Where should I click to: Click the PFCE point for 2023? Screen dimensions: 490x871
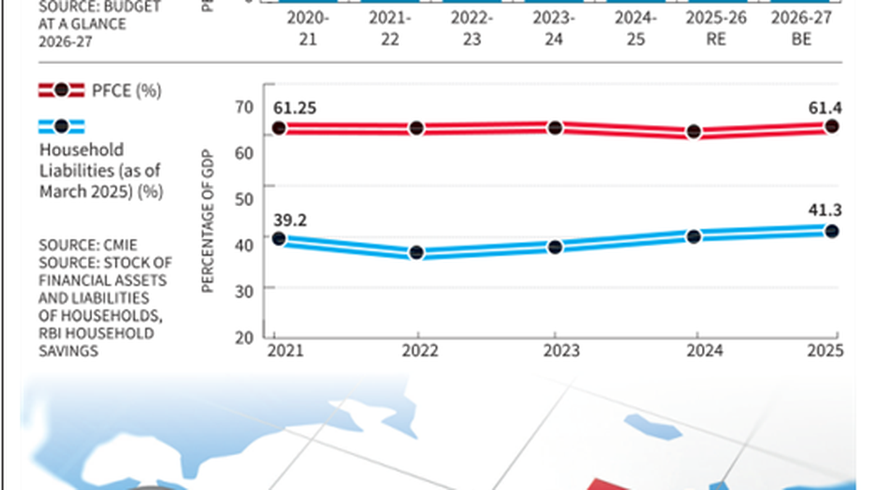555,128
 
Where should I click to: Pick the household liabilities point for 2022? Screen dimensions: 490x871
417,253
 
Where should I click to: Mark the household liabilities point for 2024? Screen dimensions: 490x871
694,236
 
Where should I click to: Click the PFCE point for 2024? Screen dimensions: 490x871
694,131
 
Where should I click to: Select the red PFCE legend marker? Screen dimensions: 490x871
61,91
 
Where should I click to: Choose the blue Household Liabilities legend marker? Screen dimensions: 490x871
61,126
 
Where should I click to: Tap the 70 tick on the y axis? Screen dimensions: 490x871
245,107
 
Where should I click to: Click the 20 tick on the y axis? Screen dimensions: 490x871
245,336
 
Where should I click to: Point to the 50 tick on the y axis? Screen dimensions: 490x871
245,199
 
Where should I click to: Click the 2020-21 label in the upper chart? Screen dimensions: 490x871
307,29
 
